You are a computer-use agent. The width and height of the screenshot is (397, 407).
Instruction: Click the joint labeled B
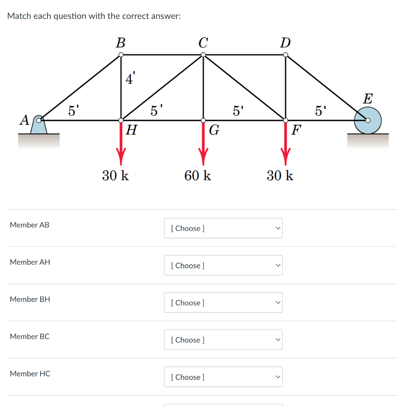coord(121,55)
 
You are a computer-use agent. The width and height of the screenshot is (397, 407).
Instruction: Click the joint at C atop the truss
coord(203,55)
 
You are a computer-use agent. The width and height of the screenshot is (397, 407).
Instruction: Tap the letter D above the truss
coord(285,42)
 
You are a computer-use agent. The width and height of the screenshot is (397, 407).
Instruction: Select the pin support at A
coord(39,124)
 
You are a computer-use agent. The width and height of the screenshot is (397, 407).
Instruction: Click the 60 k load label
coord(198,175)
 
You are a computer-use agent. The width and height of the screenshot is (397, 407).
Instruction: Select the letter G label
coord(214,130)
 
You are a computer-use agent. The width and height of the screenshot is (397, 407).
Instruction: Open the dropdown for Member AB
coord(223,228)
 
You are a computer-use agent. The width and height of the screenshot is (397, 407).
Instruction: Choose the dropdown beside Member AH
coord(223,266)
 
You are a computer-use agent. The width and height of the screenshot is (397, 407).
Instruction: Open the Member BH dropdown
coord(223,302)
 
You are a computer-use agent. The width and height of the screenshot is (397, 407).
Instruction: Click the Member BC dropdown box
coord(223,340)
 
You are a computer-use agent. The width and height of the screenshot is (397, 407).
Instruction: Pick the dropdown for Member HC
coord(223,377)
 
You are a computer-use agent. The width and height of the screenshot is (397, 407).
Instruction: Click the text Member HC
coord(30,374)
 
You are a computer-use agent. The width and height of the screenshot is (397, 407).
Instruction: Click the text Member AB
coord(29,225)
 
